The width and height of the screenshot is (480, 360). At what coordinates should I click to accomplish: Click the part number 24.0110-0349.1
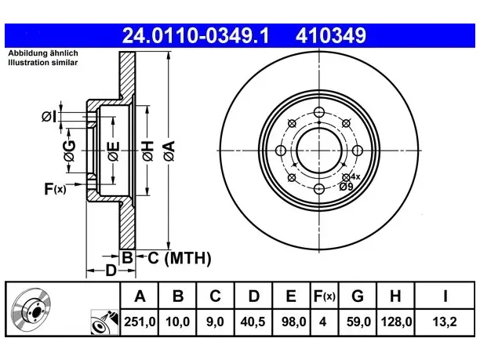point(195,35)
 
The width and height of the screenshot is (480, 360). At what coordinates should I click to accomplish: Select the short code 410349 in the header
point(331,35)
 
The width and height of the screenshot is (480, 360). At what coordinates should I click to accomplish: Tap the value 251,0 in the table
point(140,322)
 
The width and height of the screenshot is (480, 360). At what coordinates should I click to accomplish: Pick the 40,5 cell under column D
point(253,322)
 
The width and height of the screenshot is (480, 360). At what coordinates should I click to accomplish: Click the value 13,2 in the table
point(445,322)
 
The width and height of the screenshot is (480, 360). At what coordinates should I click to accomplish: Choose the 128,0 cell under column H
point(396,322)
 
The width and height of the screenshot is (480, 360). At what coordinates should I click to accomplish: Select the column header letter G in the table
point(358,296)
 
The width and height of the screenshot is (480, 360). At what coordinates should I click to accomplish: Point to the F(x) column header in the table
point(325,296)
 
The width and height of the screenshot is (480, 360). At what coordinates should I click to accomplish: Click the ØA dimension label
point(169,151)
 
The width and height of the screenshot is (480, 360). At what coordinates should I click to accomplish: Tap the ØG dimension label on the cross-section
point(70,151)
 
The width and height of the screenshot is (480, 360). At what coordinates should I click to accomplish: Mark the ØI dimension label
point(49,117)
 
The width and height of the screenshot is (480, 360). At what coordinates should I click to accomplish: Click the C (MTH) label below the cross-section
point(180,258)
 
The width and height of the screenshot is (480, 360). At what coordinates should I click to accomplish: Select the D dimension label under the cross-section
point(111,271)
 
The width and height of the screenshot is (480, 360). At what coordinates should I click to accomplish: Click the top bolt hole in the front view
point(319,112)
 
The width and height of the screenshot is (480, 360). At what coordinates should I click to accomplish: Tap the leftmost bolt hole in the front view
point(281,151)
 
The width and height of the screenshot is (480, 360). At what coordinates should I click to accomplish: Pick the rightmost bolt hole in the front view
point(358,151)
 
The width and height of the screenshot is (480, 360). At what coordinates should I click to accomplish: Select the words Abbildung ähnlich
point(43,53)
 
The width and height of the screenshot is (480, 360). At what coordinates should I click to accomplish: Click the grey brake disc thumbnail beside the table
point(31,308)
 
